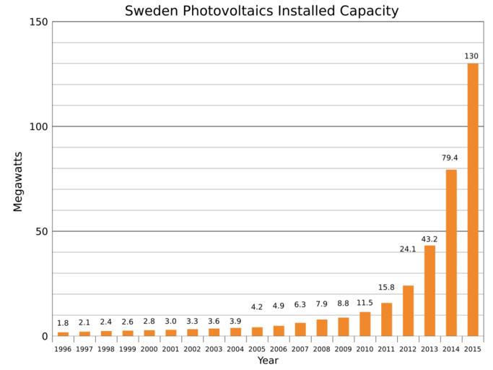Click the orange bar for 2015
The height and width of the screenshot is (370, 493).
473,199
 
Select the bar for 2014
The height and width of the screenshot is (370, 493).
451,252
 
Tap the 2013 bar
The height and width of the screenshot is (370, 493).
429,291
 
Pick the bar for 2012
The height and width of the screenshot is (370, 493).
408,311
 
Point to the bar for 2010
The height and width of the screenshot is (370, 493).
365,324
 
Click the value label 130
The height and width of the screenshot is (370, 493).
472,56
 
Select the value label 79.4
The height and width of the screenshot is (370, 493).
450,158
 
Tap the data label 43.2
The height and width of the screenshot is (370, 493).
429,239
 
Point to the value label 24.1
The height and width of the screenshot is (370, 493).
408,249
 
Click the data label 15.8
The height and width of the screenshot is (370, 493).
386,288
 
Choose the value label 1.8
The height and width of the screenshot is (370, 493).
63,323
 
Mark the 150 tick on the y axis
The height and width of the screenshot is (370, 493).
40,22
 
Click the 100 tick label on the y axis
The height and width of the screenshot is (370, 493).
40,127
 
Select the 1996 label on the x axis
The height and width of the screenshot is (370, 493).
63,349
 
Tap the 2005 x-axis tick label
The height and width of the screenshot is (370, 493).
257,349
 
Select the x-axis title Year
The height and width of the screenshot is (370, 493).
268,361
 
